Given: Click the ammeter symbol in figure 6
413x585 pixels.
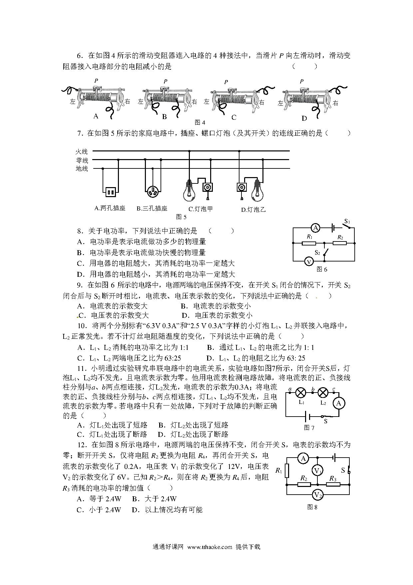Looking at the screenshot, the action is [315, 228].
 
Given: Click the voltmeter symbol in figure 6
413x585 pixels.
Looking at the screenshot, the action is [309, 261].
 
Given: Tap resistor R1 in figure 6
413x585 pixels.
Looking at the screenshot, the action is [309, 243].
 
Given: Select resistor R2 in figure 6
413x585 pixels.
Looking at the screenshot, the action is [340, 243].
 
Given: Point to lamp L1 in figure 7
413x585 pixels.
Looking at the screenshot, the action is [301, 393].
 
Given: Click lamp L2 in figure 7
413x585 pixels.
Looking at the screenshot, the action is [323, 393].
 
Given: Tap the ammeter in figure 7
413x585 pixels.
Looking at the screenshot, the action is [339, 404].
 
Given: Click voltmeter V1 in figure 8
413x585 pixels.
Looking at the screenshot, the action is [317, 471].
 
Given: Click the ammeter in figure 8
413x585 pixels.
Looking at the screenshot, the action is [303, 459].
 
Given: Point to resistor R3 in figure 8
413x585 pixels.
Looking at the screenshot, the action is [333, 484].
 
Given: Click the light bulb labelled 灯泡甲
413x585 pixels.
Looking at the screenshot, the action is [189, 190].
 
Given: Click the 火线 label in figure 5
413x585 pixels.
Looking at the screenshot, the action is [82, 152].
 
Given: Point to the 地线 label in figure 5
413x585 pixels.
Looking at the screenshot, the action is [82, 169].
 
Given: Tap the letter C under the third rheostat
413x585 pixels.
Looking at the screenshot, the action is [234, 117].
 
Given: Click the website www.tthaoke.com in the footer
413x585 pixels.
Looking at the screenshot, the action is [209, 547].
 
